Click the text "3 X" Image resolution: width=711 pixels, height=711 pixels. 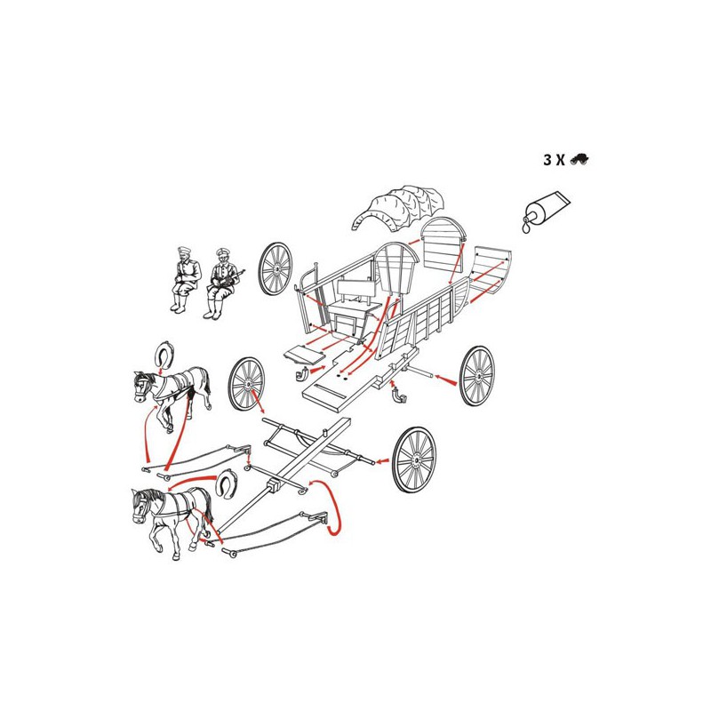tap(554, 160)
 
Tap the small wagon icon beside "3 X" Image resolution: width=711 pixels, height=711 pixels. tap(579, 159)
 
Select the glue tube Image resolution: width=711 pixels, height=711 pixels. tap(546, 211)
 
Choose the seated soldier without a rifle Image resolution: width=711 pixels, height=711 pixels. tap(185, 279)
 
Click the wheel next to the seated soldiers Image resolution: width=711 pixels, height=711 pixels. tap(276, 269)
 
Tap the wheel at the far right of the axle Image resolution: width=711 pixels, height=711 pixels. tap(477, 376)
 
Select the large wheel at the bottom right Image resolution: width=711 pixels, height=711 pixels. tap(414, 459)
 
